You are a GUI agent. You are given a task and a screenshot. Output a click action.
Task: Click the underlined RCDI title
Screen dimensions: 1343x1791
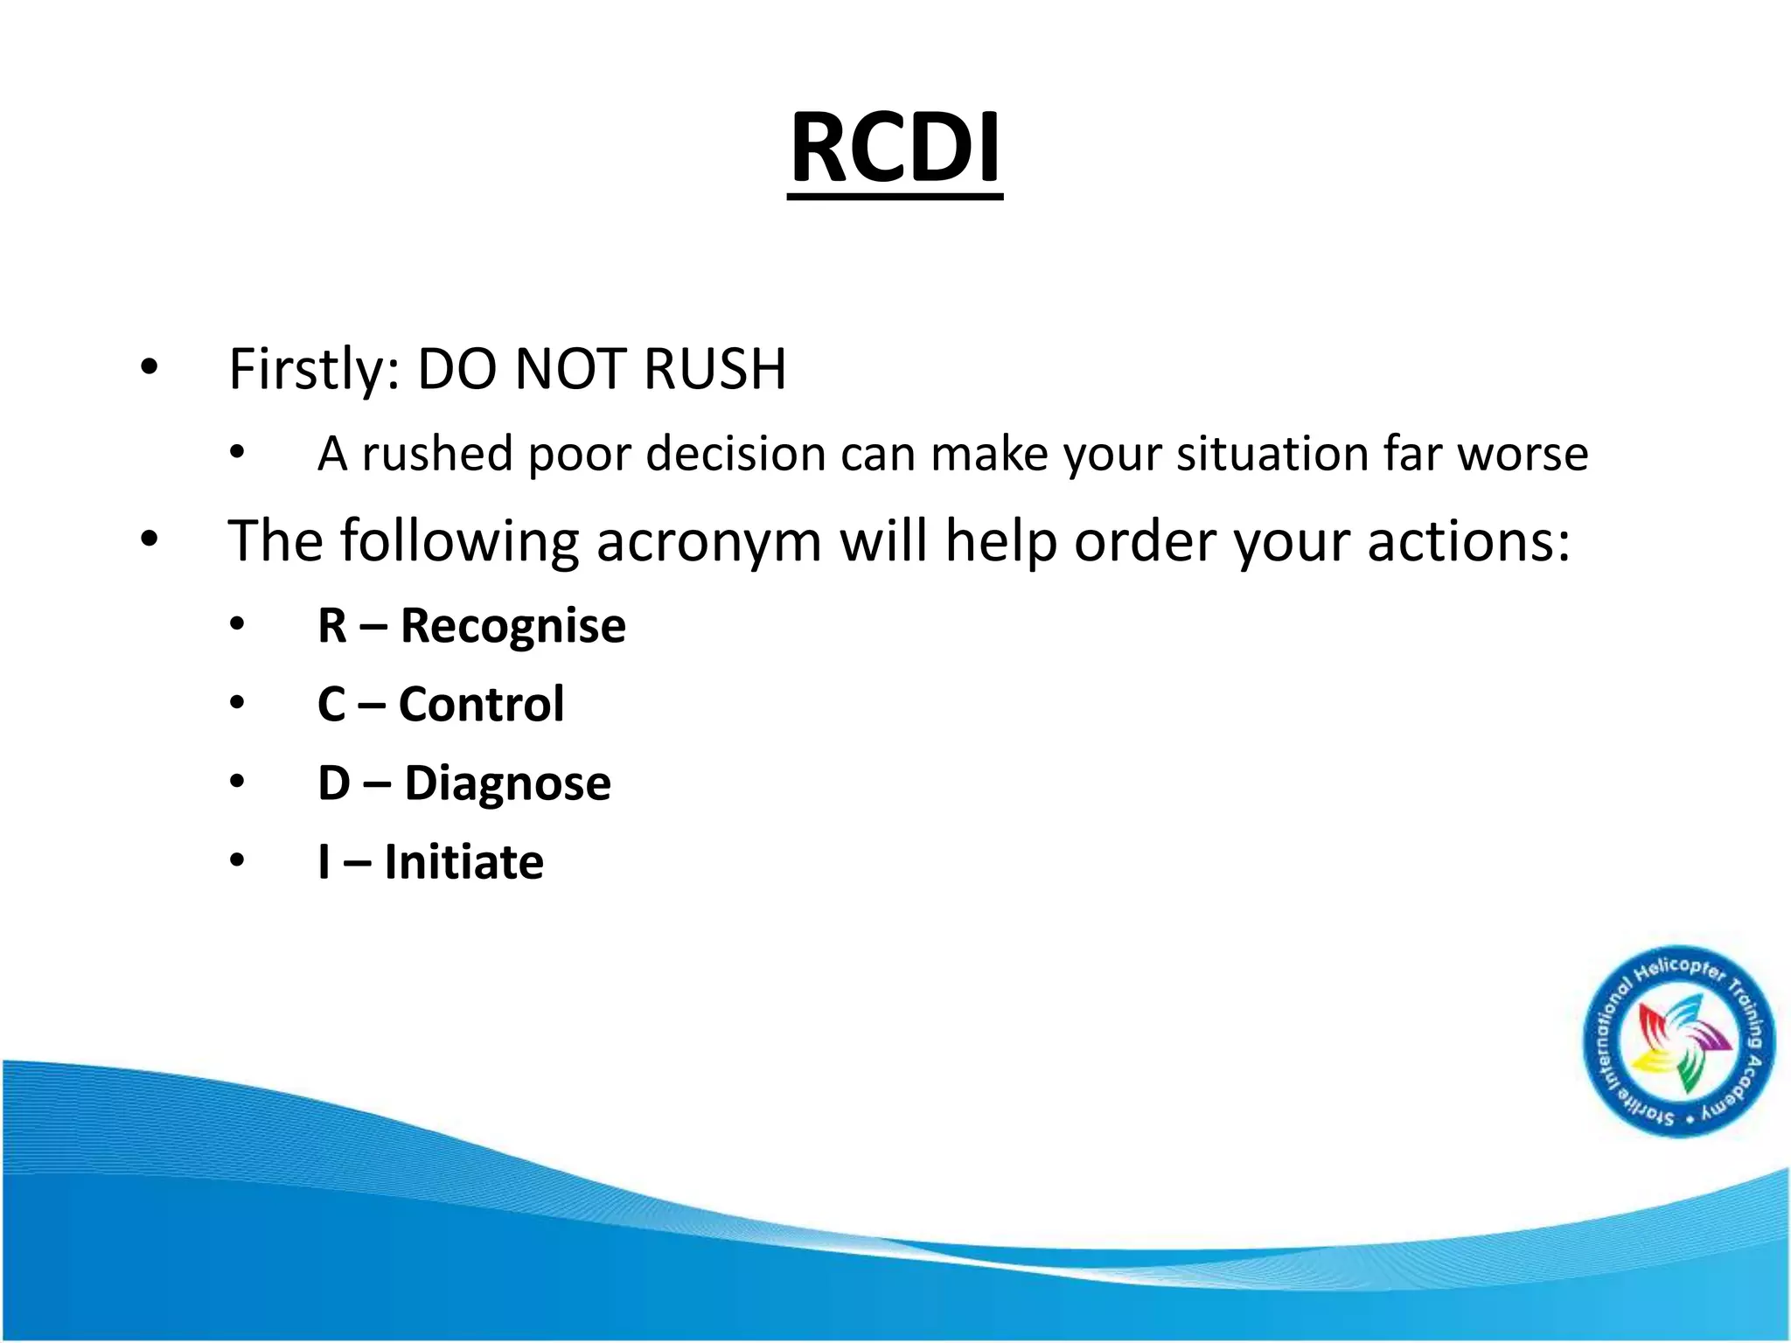point(895,149)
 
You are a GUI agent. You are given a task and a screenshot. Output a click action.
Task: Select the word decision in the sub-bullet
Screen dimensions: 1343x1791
point(735,455)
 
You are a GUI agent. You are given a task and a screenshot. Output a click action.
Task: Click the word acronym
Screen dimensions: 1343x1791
point(708,542)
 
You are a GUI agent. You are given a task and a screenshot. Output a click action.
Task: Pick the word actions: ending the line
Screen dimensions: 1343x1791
point(1469,542)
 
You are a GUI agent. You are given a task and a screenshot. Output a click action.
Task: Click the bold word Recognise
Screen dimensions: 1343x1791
point(513,627)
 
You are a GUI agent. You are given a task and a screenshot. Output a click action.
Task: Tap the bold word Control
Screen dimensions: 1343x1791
point(482,705)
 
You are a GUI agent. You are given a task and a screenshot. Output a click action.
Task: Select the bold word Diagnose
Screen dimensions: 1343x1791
point(507,783)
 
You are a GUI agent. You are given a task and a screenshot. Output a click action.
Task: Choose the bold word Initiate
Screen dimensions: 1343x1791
point(463,862)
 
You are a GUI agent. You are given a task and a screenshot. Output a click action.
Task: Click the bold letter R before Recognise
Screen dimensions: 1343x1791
point(332,627)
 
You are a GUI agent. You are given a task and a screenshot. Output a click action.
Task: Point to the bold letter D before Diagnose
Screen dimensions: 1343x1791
point(334,783)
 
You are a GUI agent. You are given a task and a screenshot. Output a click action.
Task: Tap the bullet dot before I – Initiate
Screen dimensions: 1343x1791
point(237,861)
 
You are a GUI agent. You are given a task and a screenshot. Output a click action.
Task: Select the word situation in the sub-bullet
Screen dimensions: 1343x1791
point(1272,455)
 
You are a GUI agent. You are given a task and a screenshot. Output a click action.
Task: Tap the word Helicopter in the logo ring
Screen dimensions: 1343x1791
point(1680,971)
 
